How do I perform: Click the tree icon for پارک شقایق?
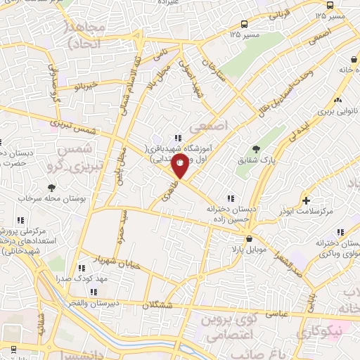coord(255,148)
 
